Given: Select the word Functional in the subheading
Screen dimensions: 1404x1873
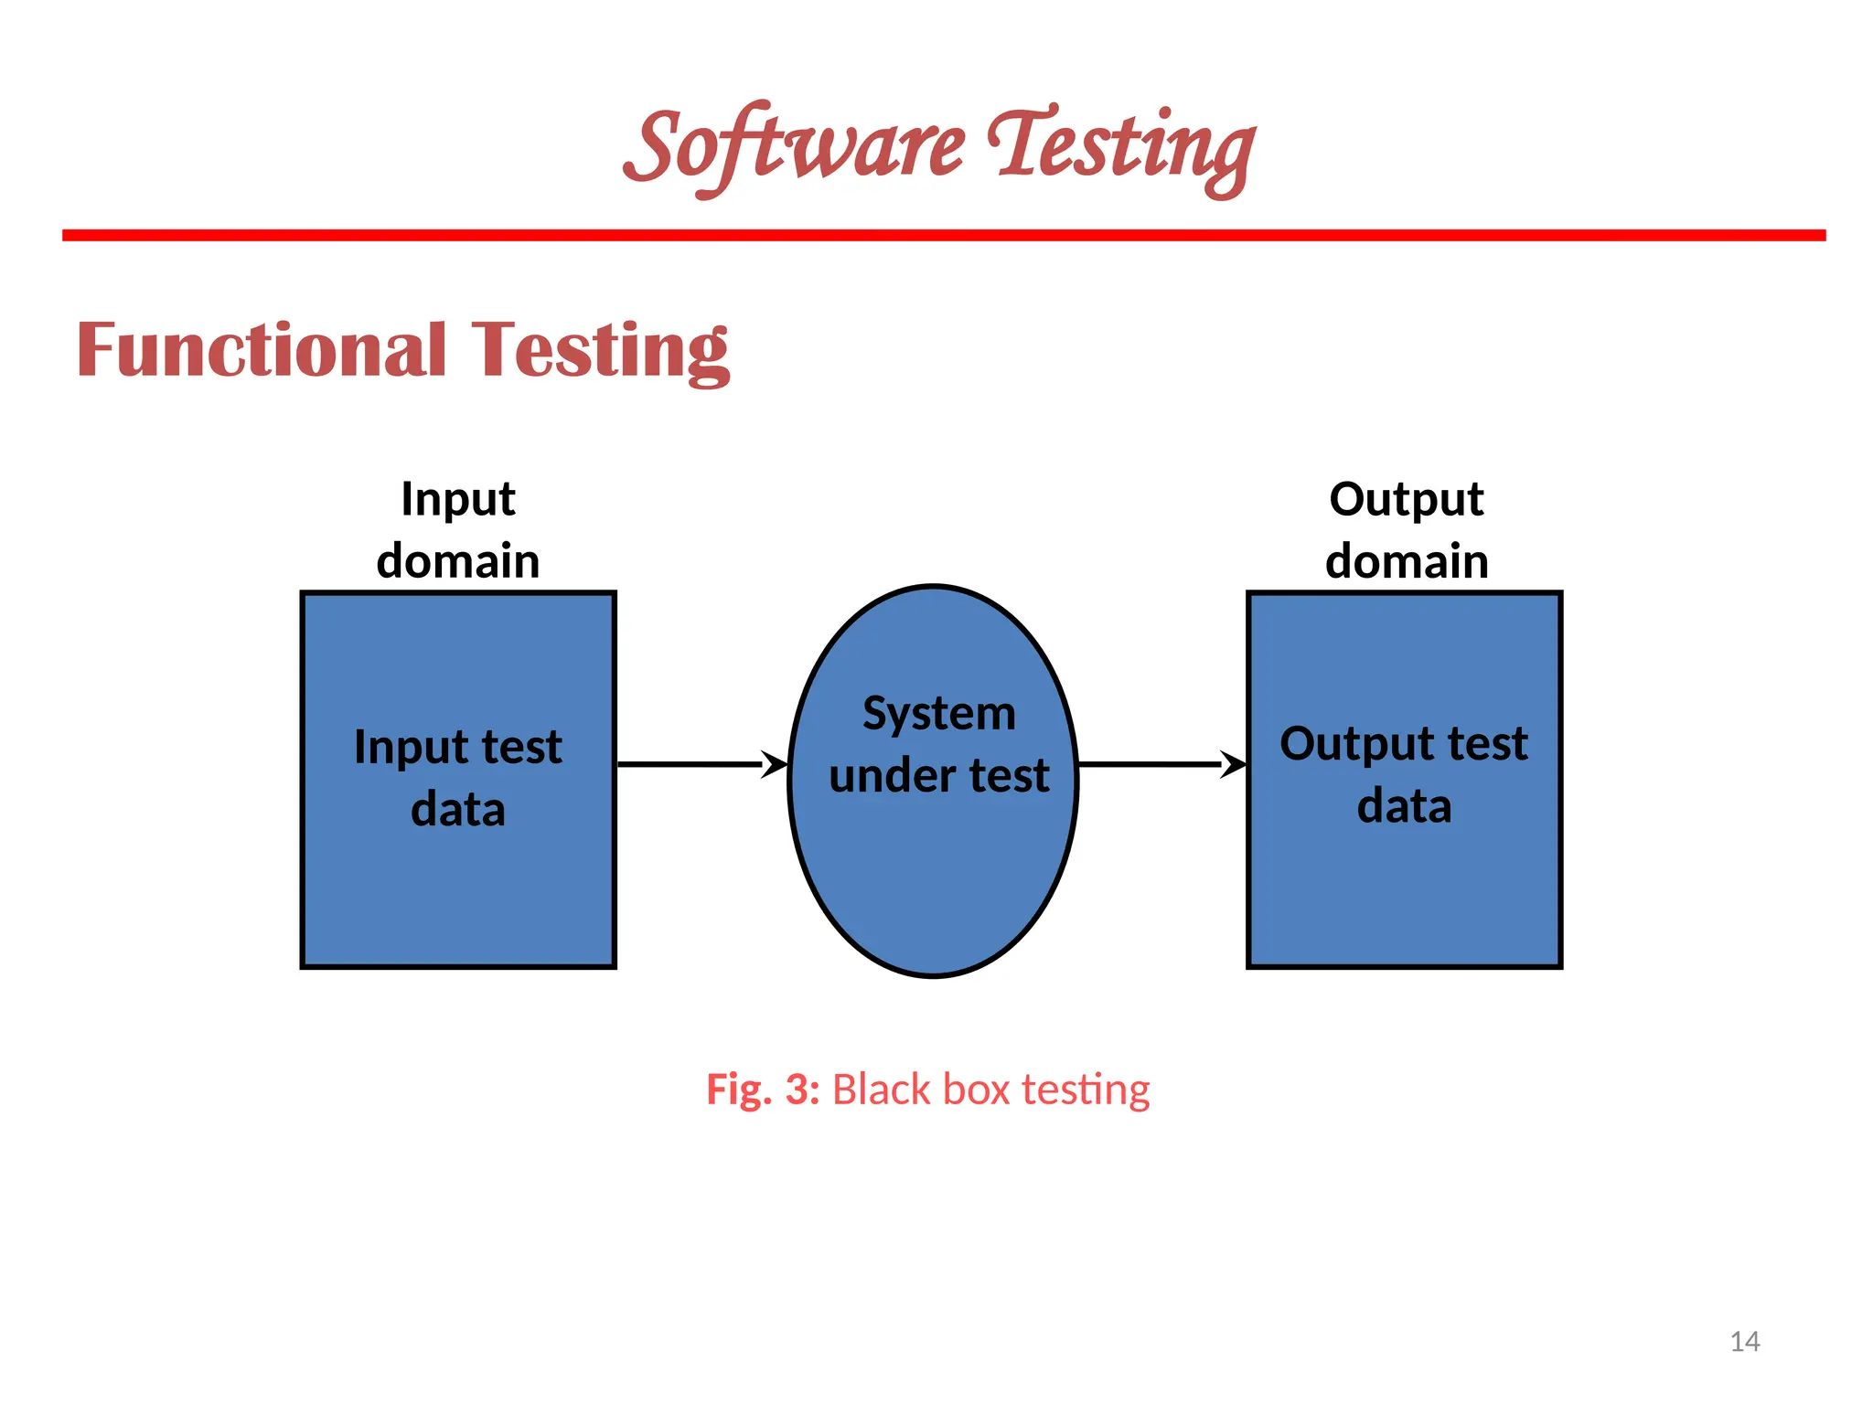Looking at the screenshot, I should click(262, 350).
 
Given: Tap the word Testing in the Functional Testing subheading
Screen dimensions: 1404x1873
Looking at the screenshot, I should click(601, 352).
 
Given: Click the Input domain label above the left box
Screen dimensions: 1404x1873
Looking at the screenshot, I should click(458, 530).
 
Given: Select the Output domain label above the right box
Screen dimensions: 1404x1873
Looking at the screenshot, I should click(1407, 530).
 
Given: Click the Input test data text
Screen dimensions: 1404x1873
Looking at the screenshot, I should click(458, 777).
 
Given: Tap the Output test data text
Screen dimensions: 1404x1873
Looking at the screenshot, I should click(1404, 774).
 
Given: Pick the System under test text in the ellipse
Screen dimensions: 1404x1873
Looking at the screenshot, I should click(939, 744).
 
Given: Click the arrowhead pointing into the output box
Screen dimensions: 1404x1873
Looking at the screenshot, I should click(1235, 764).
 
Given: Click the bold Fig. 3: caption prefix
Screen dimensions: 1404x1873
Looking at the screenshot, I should click(763, 1090).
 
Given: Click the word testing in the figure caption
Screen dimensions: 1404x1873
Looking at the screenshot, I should click(1086, 1090).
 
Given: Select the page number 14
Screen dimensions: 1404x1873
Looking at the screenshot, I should click(1745, 1342).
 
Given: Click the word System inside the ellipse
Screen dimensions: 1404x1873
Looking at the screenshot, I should click(939, 714).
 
